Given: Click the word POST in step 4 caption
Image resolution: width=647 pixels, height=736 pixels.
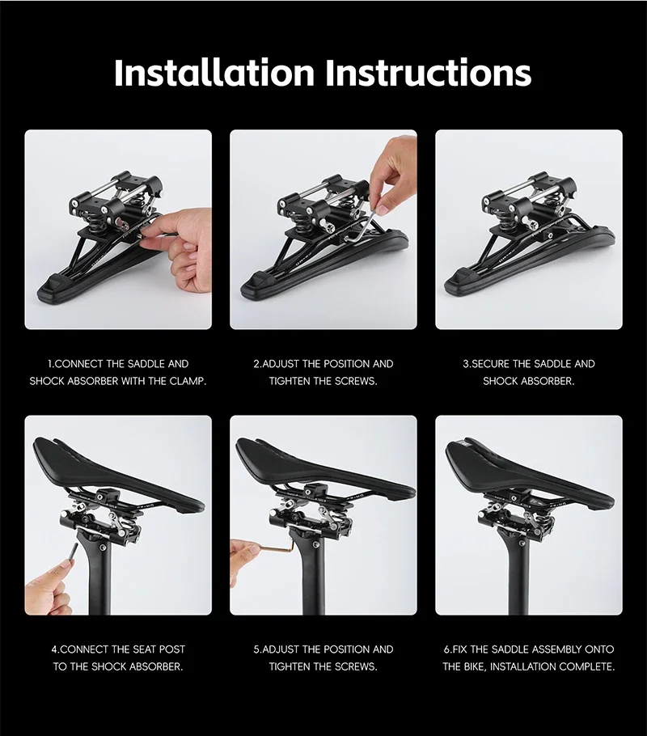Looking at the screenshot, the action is click(171, 649).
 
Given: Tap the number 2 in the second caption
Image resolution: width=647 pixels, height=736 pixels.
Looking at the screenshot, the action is click(256, 364).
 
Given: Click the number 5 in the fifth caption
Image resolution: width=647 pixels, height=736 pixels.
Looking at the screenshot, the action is click(256, 649).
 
